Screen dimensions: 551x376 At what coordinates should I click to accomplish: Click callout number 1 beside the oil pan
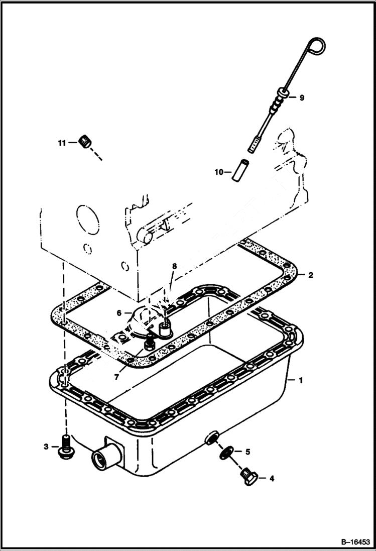click(x=301, y=381)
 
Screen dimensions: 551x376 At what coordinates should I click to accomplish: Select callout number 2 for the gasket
click(x=311, y=275)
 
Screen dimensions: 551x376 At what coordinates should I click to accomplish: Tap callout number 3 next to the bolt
click(x=46, y=447)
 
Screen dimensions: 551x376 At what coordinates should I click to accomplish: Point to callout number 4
click(x=272, y=479)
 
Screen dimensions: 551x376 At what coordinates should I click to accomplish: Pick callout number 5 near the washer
click(x=247, y=452)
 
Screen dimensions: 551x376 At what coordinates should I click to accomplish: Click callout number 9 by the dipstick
click(x=302, y=98)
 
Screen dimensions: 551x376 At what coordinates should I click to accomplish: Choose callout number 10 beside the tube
click(x=219, y=172)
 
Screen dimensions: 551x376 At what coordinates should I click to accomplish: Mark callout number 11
click(x=62, y=143)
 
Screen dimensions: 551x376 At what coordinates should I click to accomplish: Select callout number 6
click(x=119, y=312)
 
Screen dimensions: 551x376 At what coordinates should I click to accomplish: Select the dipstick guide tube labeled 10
click(x=239, y=169)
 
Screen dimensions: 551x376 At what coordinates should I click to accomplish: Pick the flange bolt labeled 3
click(x=65, y=447)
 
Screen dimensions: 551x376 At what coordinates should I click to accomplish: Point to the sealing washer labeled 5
click(x=228, y=452)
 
